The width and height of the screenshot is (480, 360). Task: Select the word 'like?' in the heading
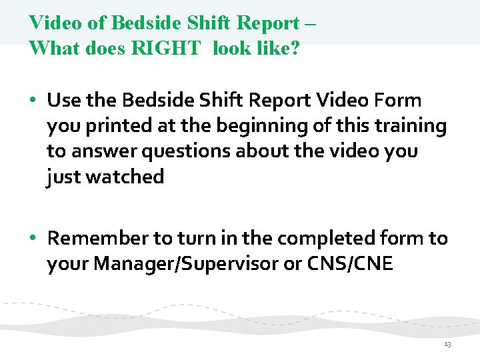[x=276, y=48]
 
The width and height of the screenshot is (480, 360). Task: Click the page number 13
[x=447, y=344]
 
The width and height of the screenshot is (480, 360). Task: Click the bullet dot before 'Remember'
[x=33, y=239]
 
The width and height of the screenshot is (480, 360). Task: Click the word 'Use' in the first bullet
[x=63, y=101]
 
